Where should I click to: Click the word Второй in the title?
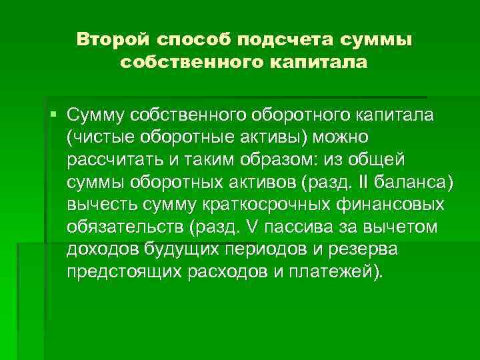(113, 39)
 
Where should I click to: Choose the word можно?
(333, 137)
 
